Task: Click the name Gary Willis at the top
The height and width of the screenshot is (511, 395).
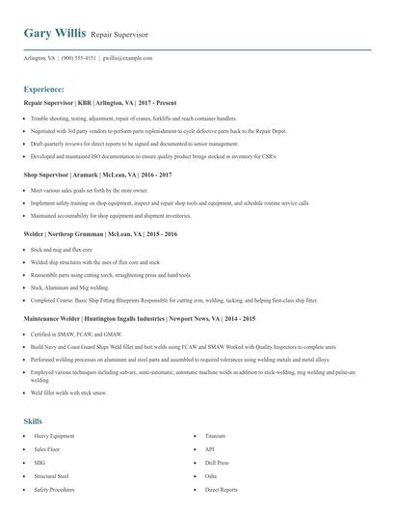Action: pyautogui.click(x=54, y=34)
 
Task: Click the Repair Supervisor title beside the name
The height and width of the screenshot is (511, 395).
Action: pyautogui.click(x=119, y=35)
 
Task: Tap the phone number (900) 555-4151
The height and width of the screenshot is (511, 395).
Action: pyautogui.click(x=79, y=58)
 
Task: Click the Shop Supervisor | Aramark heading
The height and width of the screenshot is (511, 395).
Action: pyautogui.click(x=97, y=175)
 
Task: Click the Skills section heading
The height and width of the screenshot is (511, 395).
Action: pyautogui.click(x=33, y=421)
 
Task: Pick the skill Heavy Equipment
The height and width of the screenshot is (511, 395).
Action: pyautogui.click(x=54, y=437)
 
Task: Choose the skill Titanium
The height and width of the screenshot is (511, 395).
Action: pyautogui.click(x=215, y=437)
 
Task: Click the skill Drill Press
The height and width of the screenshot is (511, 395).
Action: pyautogui.click(x=217, y=463)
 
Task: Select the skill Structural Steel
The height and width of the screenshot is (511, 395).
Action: pyautogui.click(x=52, y=476)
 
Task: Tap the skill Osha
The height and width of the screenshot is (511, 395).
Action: pyautogui.click(x=211, y=476)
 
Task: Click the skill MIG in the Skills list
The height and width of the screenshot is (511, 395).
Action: pyautogui.click(x=40, y=463)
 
